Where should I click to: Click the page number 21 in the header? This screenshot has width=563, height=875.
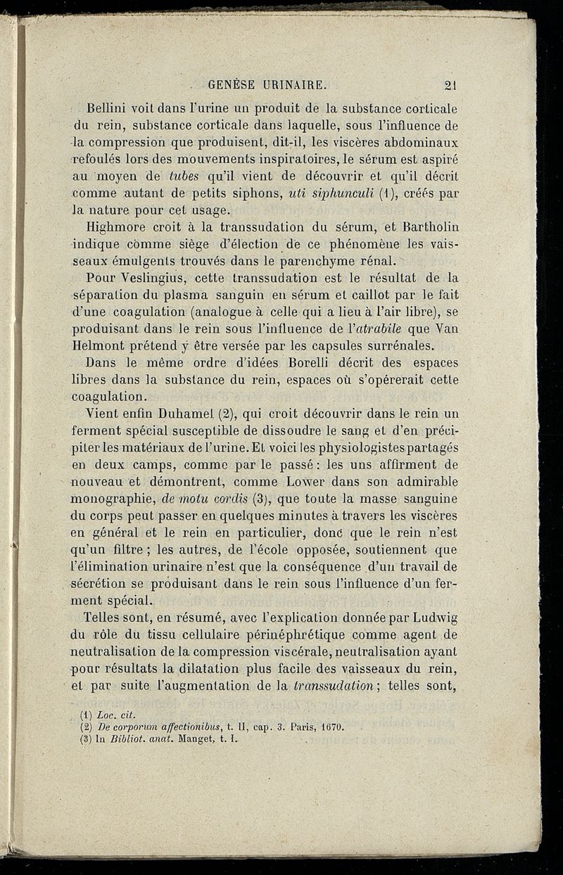[452, 86]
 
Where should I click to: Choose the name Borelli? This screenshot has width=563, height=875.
[306, 363]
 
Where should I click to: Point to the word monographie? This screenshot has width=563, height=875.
[114, 498]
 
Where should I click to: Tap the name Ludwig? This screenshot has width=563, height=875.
[431, 618]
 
